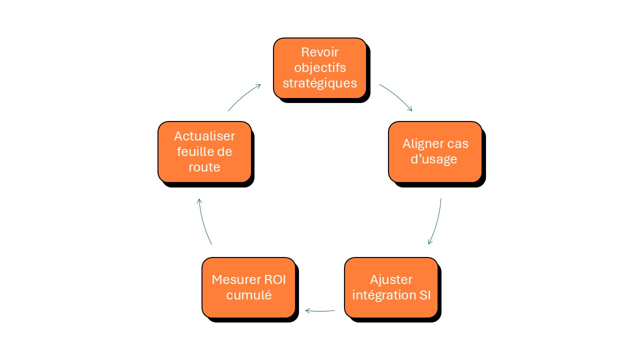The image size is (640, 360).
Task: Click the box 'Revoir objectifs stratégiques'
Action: pyautogui.click(x=319, y=68)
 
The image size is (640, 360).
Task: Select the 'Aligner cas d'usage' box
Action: pyautogui.click(x=435, y=151)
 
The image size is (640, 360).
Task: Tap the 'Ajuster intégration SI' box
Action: pyautogui.click(x=391, y=287)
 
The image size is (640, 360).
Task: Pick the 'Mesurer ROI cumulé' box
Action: pyautogui.click(x=248, y=287)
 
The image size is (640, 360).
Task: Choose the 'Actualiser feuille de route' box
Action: pyautogui.click(x=204, y=151)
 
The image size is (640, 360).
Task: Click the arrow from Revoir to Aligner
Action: pyautogui.click(x=396, y=96)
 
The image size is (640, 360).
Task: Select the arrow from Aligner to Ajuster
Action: pyautogui.click(x=436, y=222)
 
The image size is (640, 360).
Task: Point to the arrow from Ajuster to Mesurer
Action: pyautogui.click(x=320, y=310)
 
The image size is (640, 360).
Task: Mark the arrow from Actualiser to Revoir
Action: pyautogui.click(x=244, y=96)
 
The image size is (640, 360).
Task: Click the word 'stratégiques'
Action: pyautogui.click(x=320, y=82)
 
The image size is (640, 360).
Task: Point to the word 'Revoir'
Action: pyautogui.click(x=320, y=52)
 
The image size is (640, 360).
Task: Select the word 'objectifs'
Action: pyautogui.click(x=320, y=67)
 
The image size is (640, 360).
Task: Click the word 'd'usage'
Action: pyautogui.click(x=435, y=159)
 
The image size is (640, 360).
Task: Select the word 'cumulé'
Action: pyautogui.click(x=248, y=295)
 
